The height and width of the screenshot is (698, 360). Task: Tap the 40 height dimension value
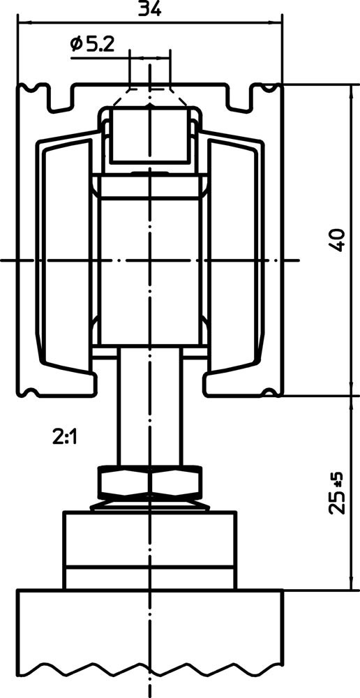(337, 240)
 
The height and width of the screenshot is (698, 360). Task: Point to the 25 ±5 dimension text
(337, 492)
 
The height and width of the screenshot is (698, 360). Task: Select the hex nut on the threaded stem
(149, 481)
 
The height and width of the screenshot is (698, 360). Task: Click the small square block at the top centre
(149, 135)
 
